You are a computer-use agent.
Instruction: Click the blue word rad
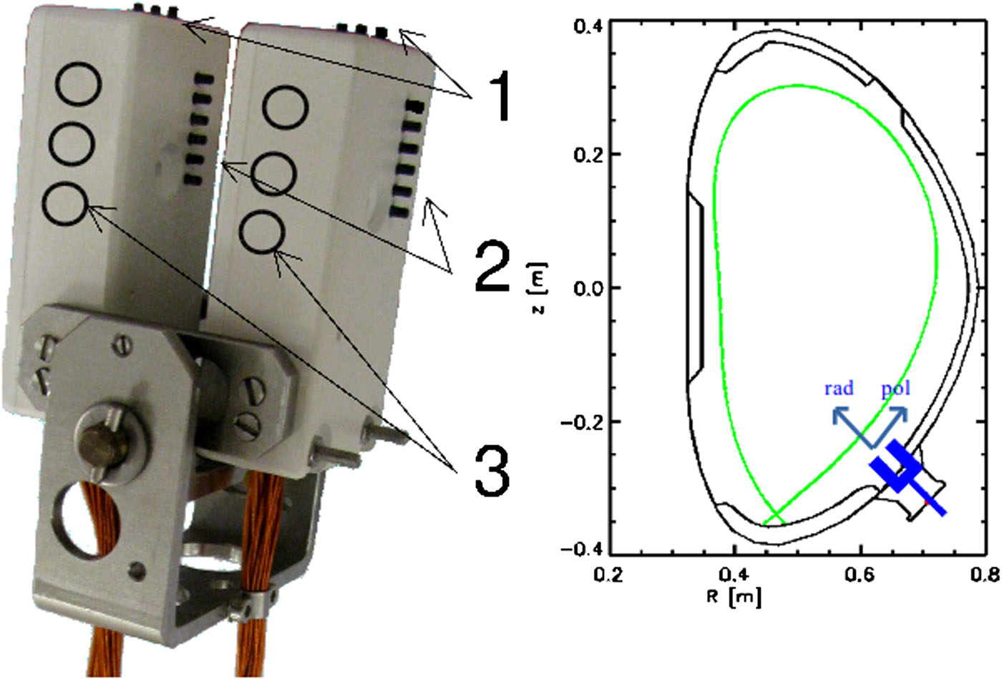[x=839, y=389]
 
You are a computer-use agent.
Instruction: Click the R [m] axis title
[x=734, y=595]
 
